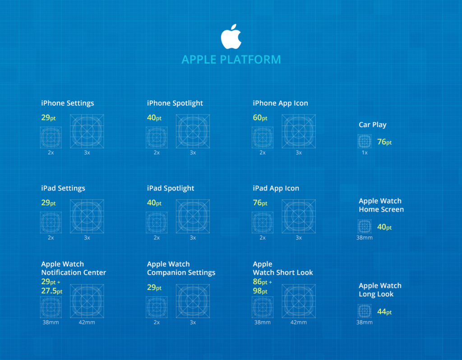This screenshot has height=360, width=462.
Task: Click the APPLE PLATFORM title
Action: pyautogui.click(x=231, y=60)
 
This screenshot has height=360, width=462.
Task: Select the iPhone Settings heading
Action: pyautogui.click(x=68, y=103)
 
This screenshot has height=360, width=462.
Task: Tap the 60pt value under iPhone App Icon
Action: pyautogui.click(x=260, y=118)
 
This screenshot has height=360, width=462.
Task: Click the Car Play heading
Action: pyautogui.click(x=373, y=125)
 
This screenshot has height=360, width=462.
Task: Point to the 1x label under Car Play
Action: pyautogui.click(x=365, y=153)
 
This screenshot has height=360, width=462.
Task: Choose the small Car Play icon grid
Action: pyautogui.click(x=365, y=142)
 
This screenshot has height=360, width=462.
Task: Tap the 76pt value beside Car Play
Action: pyautogui.click(x=384, y=142)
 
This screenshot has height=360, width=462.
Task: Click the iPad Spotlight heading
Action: pyautogui.click(x=171, y=189)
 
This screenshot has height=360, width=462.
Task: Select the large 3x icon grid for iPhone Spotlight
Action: pyautogui.click(x=193, y=131)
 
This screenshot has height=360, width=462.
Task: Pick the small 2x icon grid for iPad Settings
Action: pyautogui.click(x=51, y=222)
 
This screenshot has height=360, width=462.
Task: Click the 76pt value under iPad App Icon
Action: pyautogui.click(x=260, y=203)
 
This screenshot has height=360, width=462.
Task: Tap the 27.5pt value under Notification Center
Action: pyautogui.click(x=52, y=291)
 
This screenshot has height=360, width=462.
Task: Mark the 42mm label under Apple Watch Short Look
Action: pyautogui.click(x=299, y=323)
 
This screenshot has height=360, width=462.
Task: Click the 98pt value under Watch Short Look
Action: pyautogui.click(x=260, y=291)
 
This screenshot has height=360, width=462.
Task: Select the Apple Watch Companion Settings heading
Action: pyautogui.click(x=181, y=268)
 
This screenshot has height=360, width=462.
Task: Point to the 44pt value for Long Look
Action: pyautogui.click(x=384, y=312)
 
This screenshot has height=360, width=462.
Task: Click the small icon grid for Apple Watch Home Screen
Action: pyautogui.click(x=365, y=226)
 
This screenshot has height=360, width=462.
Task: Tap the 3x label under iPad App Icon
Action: pyautogui.click(x=299, y=238)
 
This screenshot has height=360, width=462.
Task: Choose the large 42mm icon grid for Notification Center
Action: pyautogui.click(x=87, y=301)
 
